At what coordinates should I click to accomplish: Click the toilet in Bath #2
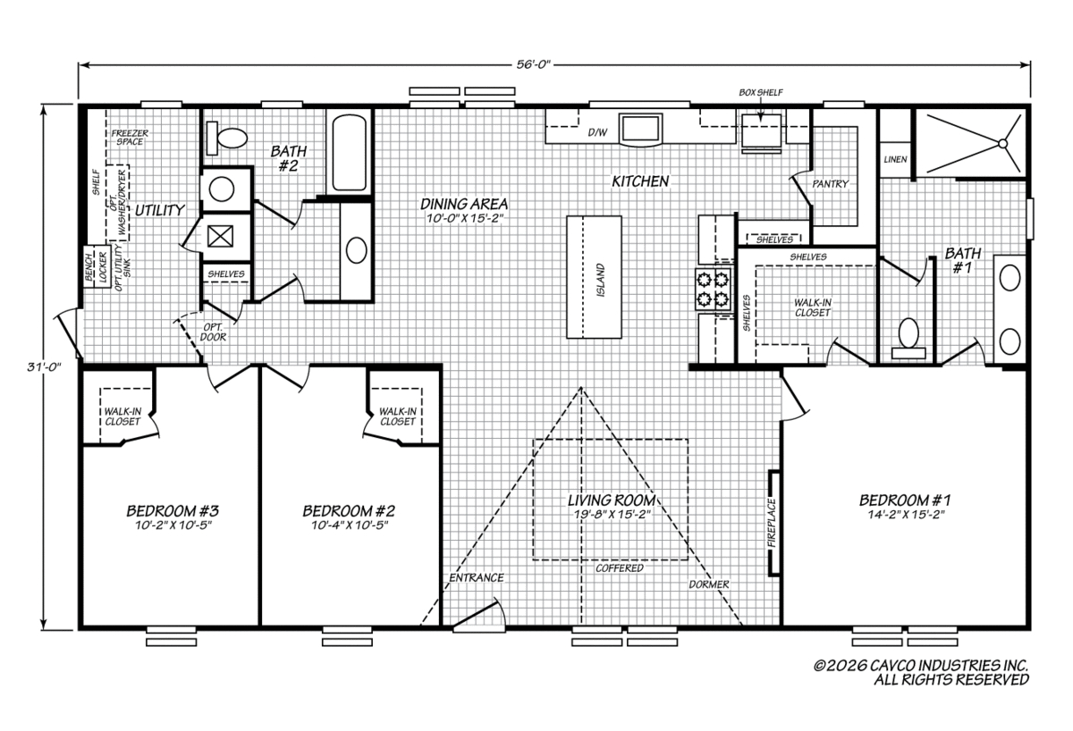click(x=226, y=138)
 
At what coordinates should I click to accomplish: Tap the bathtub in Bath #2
click(x=350, y=153)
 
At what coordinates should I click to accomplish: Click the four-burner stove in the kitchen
click(x=714, y=289)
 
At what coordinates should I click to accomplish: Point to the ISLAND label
click(x=601, y=280)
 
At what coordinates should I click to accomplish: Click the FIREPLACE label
click(x=771, y=524)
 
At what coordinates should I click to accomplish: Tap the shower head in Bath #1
click(x=1002, y=144)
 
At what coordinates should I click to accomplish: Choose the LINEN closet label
click(x=895, y=159)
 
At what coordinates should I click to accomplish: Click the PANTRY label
click(x=830, y=184)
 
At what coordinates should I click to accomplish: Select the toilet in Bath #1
click(x=908, y=339)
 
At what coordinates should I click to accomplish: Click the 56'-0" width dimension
click(x=534, y=64)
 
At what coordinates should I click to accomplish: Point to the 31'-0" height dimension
click(x=44, y=366)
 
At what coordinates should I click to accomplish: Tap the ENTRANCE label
click(x=476, y=578)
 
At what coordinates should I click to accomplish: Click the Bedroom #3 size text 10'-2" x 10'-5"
click(x=173, y=525)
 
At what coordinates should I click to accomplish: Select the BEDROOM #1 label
click(x=905, y=500)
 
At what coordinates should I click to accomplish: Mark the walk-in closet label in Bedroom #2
click(x=398, y=416)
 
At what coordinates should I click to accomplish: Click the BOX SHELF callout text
click(x=761, y=92)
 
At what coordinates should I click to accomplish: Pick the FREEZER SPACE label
click(x=130, y=138)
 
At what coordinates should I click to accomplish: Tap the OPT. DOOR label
click(x=213, y=332)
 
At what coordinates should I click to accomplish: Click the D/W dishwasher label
click(x=597, y=132)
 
